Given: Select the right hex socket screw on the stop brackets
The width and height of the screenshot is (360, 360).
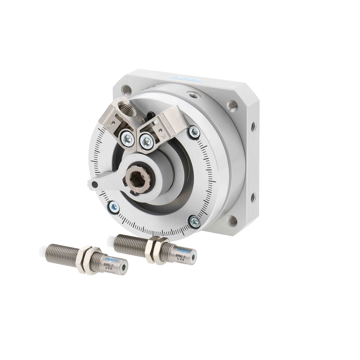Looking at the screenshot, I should (x=146, y=140).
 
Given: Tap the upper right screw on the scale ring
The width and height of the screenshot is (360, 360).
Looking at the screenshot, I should (x=193, y=131).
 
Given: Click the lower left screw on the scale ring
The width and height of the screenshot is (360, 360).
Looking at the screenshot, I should (x=114, y=206).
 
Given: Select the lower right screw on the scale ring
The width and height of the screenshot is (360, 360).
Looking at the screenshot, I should (x=195, y=221).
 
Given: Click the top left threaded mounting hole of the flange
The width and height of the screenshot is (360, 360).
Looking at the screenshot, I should (x=125, y=89).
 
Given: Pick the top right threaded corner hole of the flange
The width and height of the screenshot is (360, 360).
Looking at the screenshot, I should (x=231, y=105).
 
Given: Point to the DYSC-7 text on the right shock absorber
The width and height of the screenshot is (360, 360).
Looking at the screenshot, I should (x=180, y=257).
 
